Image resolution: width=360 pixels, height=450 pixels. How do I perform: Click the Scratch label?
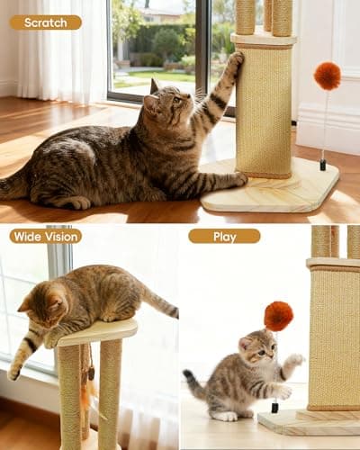(x=45, y=22)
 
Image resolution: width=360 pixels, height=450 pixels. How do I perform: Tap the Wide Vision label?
(x=45, y=236)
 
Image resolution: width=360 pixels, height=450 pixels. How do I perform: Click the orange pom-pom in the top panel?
(x=327, y=76)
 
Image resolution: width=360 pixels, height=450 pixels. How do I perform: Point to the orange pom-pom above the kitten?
(x=278, y=315)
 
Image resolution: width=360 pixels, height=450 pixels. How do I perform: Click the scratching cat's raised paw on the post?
(x=234, y=63)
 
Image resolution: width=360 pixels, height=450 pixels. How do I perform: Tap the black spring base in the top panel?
(x=321, y=166)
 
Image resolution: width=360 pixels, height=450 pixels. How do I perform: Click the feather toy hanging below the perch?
(x=87, y=387)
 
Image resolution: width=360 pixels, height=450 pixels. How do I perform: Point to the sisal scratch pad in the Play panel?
(x=333, y=337)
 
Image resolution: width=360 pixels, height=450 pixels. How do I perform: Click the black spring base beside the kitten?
(x=274, y=408)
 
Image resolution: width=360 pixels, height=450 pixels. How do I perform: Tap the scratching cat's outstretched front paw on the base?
(x=236, y=179)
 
